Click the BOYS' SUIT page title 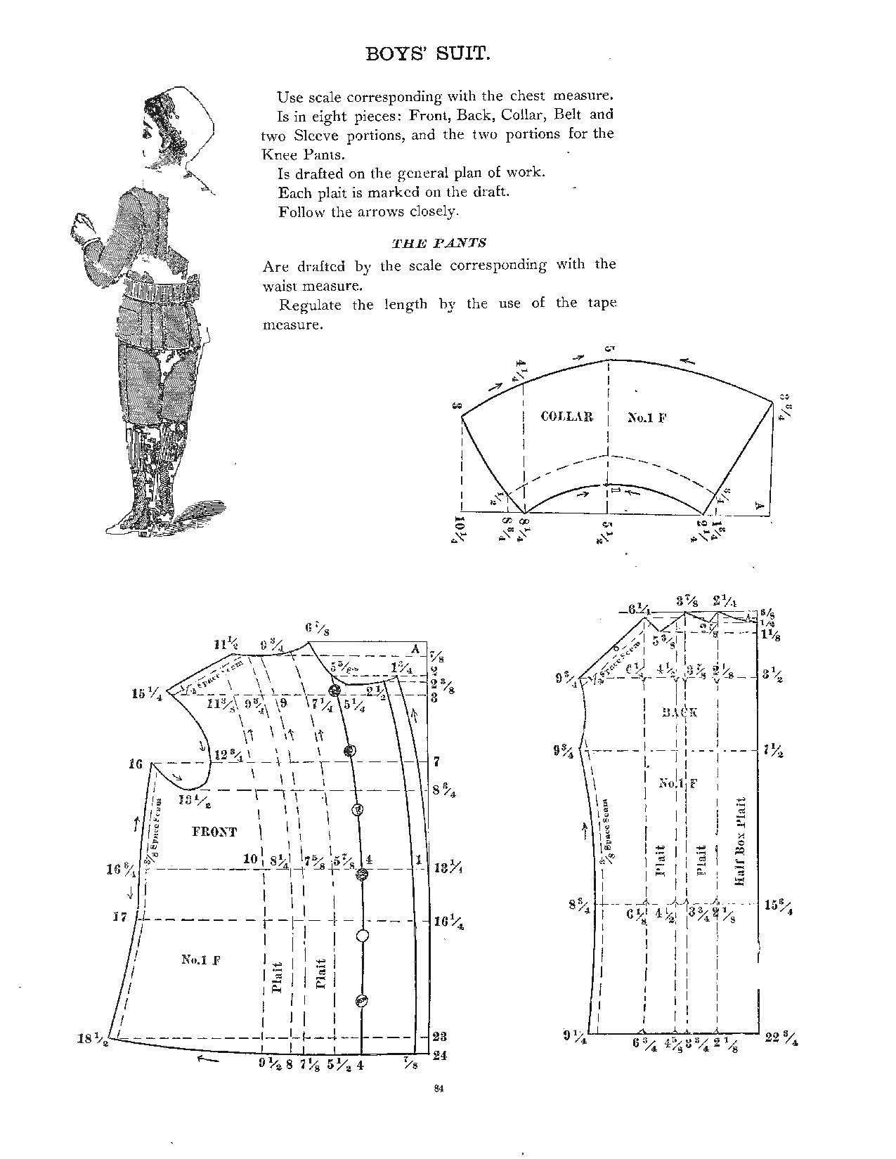(x=427, y=54)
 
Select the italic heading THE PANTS (x=439, y=243)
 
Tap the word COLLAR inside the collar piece (x=566, y=417)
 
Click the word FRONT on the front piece (x=214, y=832)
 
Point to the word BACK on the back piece (x=680, y=712)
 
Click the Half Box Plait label (x=739, y=841)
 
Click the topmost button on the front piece (x=335, y=689)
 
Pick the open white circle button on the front (x=363, y=936)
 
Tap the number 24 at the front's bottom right (x=441, y=1054)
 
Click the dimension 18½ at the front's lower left (x=91, y=1039)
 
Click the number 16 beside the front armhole (x=136, y=764)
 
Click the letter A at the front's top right (x=415, y=649)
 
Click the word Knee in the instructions (x=275, y=154)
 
